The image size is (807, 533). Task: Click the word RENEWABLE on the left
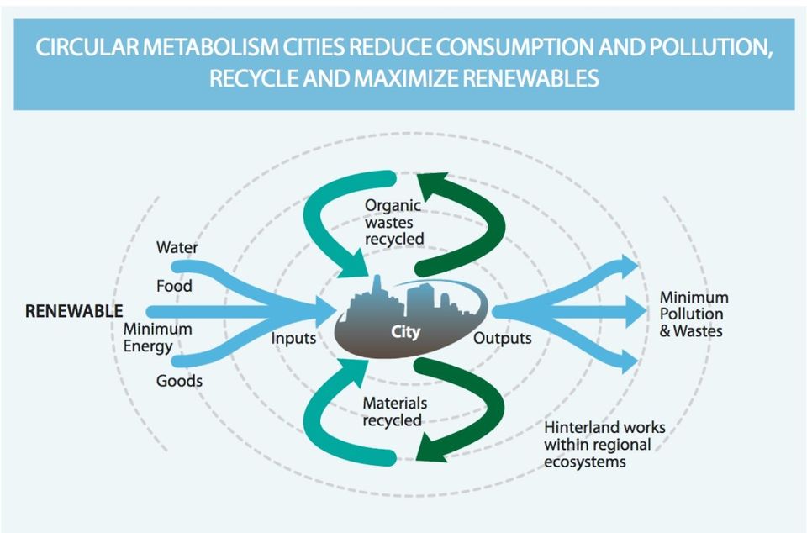74,311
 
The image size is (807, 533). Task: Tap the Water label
177,247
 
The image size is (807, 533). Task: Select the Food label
174,286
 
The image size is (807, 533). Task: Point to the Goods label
179,381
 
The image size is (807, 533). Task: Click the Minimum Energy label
157,337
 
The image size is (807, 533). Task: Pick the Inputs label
293,339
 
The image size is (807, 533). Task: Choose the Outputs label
503,339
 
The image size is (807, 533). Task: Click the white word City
405,332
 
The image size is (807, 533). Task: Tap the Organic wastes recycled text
394,222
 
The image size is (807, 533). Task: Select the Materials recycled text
395,412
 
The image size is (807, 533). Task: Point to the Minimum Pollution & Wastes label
694,314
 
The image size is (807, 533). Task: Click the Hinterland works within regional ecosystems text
604,445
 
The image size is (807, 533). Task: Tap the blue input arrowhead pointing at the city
325,311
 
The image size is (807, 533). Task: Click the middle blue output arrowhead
636,311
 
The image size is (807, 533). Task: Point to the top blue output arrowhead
629,266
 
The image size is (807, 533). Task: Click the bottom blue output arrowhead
629,360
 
